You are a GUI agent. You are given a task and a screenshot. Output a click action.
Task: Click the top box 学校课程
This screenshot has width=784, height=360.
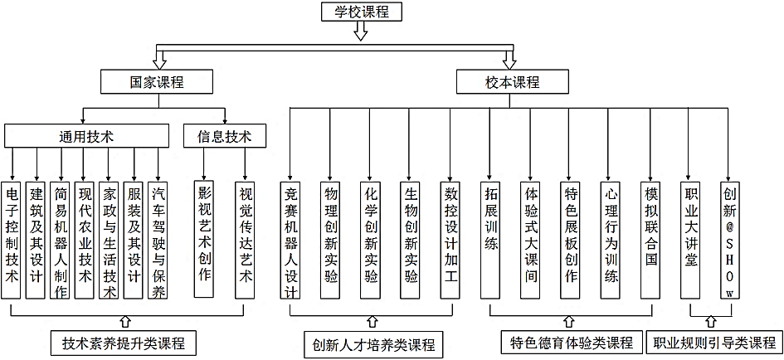(362, 12)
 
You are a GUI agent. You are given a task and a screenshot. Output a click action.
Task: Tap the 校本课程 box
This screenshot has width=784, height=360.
(511, 82)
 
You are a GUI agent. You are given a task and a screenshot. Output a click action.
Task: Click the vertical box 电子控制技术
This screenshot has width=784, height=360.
(10, 240)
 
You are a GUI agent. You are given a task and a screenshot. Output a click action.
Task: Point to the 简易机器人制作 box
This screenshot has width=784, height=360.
(60, 240)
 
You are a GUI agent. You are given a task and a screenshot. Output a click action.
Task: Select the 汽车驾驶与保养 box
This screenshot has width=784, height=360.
(158, 240)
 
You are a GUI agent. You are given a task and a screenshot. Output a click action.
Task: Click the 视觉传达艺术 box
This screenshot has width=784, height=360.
(245, 240)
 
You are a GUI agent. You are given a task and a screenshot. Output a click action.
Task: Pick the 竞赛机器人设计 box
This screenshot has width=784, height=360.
(290, 240)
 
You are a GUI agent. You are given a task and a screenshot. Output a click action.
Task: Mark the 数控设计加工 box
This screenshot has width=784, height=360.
(450, 240)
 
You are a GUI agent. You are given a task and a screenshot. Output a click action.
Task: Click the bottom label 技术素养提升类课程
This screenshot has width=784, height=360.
(123, 342)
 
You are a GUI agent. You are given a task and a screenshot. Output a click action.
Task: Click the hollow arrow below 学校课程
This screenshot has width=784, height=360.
(361, 32)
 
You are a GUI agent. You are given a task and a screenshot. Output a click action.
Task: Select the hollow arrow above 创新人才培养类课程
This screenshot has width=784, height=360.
(371, 321)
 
